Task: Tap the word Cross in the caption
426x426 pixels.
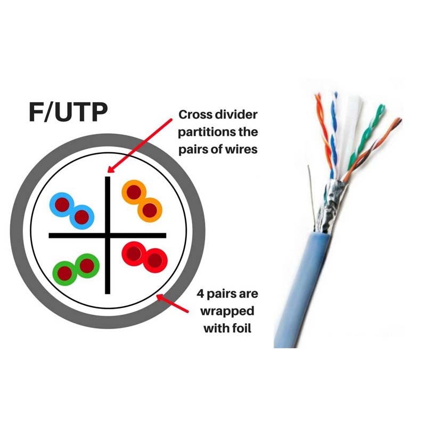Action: tap(198, 115)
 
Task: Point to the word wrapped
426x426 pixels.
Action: tap(228, 310)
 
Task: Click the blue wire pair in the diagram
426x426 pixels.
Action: tap(72, 209)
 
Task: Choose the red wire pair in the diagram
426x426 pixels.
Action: tap(144, 256)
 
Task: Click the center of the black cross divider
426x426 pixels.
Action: tap(108, 235)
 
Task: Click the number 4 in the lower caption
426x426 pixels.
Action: tap(199, 293)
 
